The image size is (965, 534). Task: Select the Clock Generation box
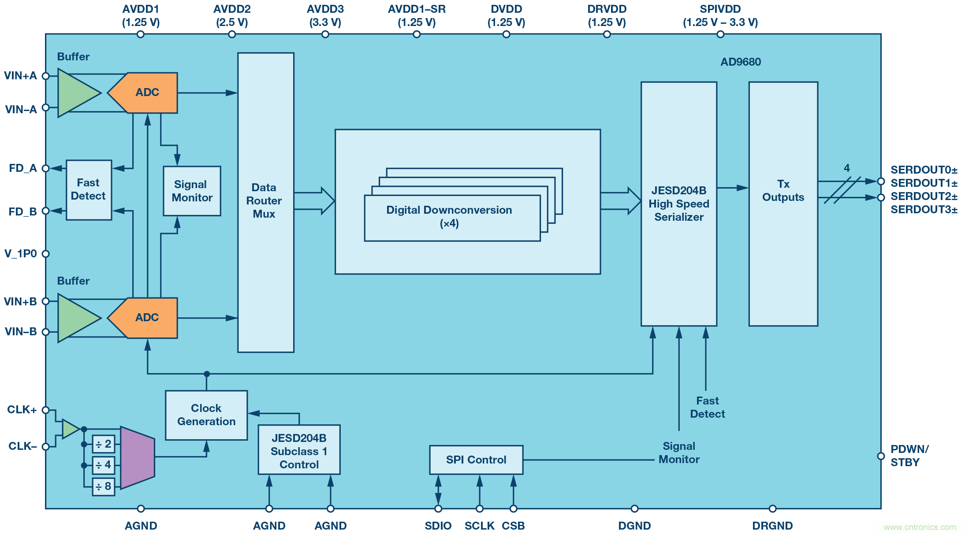tap(206, 415)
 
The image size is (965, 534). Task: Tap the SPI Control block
tap(476, 460)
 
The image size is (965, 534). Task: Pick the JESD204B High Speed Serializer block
tap(678, 204)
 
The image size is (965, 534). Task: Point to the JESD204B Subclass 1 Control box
tap(299, 450)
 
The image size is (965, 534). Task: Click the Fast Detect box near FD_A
tap(89, 190)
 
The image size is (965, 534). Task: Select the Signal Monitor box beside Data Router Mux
tap(192, 191)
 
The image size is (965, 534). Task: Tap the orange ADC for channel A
tap(147, 93)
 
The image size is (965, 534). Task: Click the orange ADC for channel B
tap(147, 318)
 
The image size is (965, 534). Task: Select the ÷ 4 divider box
tap(104, 465)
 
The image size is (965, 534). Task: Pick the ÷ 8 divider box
tap(104, 486)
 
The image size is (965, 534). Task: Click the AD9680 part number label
tap(741, 62)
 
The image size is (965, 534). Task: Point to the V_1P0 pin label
tap(21, 254)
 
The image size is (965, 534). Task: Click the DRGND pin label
tap(772, 526)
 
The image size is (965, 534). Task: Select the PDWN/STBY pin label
tap(909, 456)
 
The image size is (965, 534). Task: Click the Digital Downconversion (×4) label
tap(449, 216)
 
